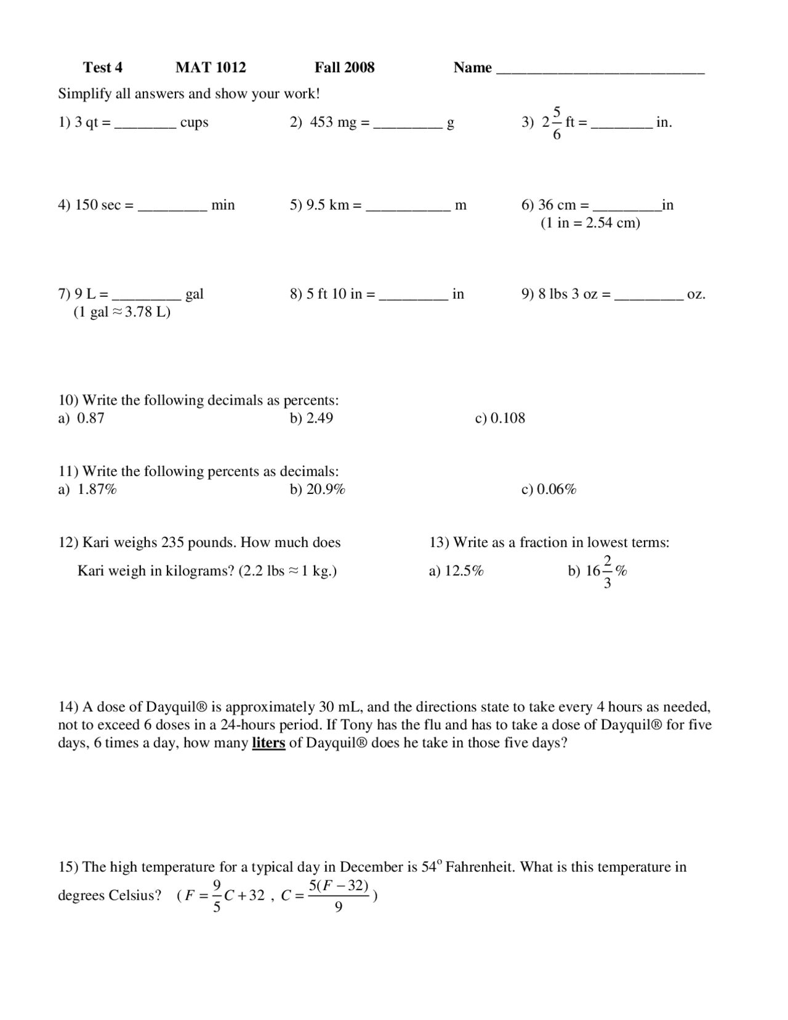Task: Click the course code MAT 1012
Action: point(211,68)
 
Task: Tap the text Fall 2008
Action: point(344,68)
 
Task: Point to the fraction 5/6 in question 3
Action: point(557,123)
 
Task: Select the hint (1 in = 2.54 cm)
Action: point(590,223)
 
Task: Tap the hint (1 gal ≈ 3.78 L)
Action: point(122,312)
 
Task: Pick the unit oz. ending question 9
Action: point(696,294)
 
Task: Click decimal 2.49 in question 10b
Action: point(320,418)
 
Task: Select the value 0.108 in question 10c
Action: point(508,418)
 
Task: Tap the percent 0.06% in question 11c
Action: point(557,490)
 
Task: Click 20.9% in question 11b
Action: point(326,490)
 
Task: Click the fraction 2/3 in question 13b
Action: point(607,571)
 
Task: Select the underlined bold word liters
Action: point(268,743)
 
